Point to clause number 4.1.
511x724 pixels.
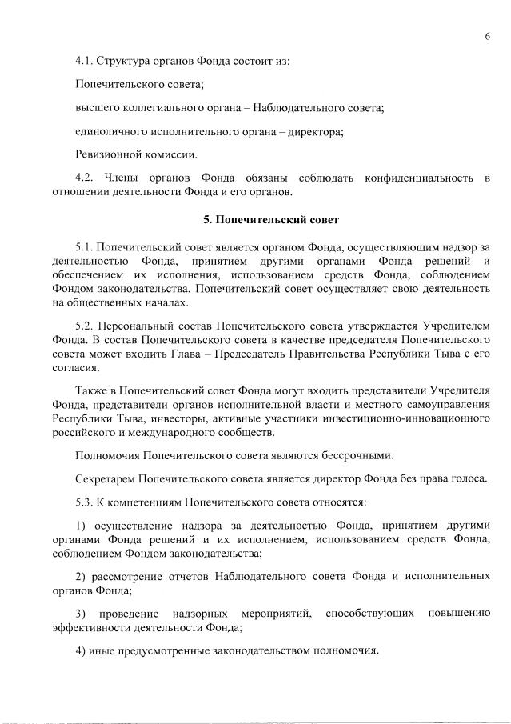click(x=84, y=60)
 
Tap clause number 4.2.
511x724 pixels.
click(x=84, y=176)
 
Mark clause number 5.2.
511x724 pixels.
click(x=84, y=326)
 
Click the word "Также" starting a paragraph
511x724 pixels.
click(x=90, y=390)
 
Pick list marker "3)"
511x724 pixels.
click(x=80, y=613)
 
